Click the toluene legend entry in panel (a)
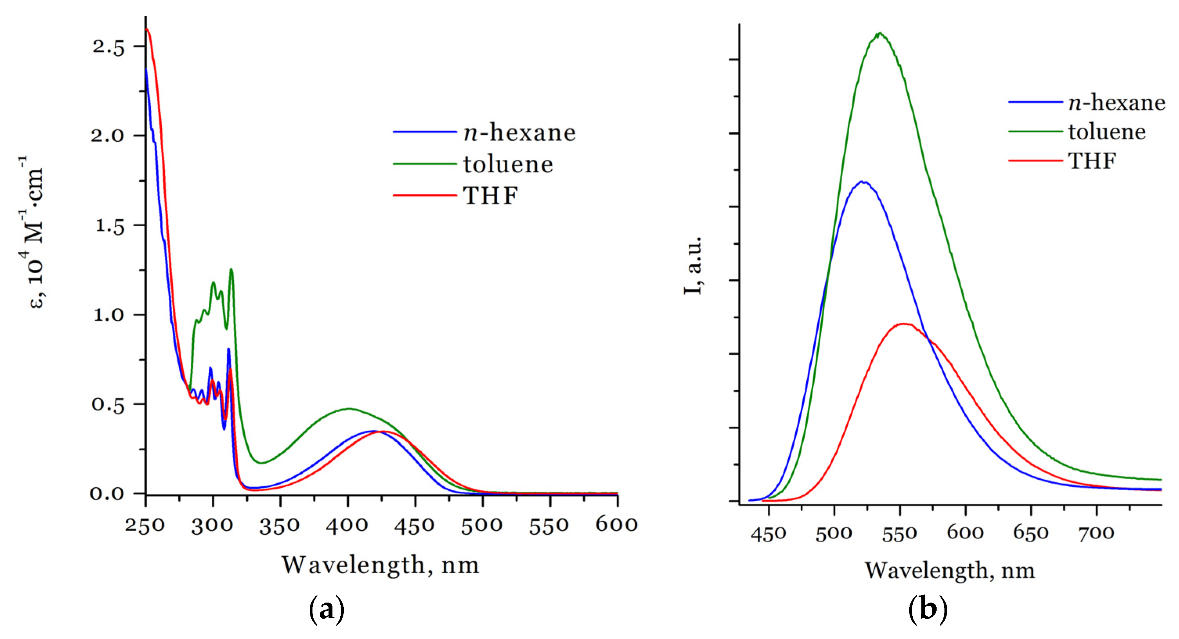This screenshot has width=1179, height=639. click(x=508, y=164)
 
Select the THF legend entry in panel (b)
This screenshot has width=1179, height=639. click(x=1092, y=161)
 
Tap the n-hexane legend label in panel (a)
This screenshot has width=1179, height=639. click(x=520, y=133)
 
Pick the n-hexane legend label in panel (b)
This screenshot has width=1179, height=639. click(x=1117, y=103)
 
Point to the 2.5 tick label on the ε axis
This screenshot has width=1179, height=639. click(x=108, y=47)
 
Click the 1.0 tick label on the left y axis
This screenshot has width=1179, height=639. click(x=109, y=315)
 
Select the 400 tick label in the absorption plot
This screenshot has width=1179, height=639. click(x=347, y=525)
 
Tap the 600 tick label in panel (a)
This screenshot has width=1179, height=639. click(x=616, y=525)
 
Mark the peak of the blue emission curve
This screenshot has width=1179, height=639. click(x=862, y=182)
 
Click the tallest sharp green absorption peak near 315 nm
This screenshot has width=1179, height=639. click(x=231, y=269)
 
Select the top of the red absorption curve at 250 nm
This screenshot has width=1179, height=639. click(x=147, y=29)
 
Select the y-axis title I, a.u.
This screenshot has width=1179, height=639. click(x=693, y=265)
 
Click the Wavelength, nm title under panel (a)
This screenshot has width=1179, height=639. click(x=380, y=565)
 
